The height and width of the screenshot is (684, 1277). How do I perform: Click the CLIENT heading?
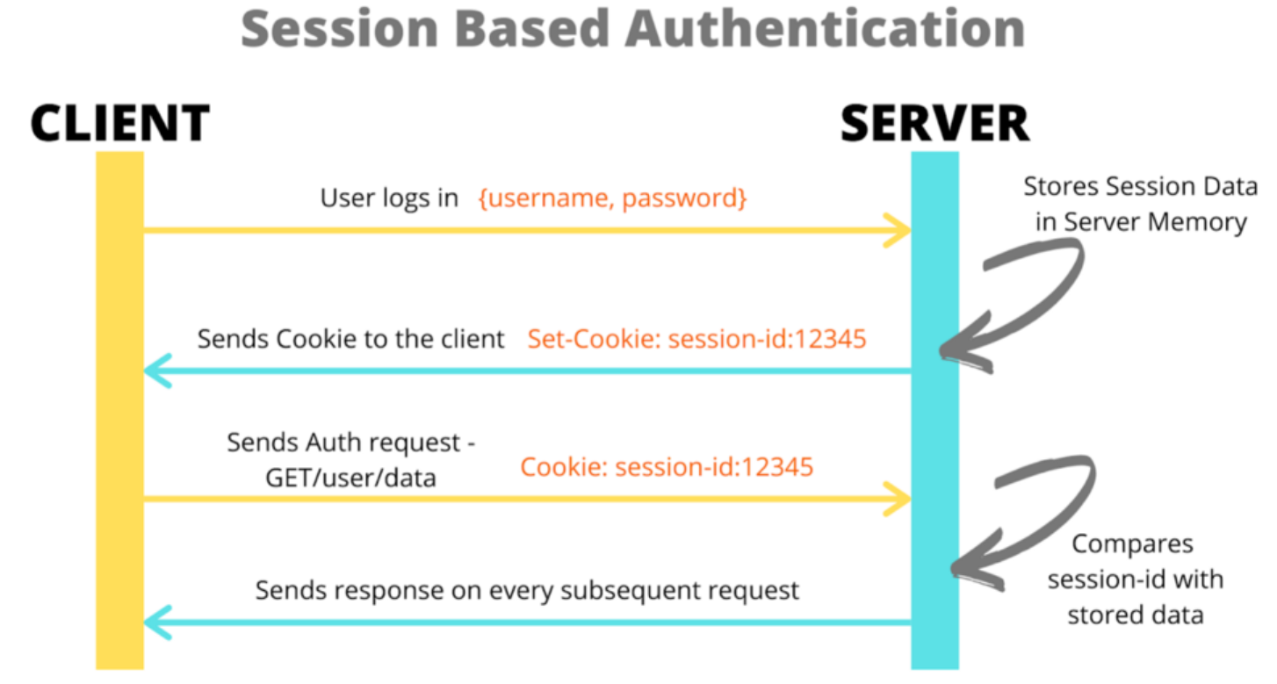coord(120,123)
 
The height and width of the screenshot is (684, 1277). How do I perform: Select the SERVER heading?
coord(934,123)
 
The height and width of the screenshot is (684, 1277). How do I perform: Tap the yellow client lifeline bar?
coord(119,413)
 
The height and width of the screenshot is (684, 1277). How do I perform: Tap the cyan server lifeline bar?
coord(934,413)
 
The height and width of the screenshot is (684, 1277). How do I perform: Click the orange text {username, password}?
coord(612,198)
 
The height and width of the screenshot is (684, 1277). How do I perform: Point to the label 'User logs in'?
coord(389,198)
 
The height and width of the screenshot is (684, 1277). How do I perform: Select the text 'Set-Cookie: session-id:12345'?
coord(697,339)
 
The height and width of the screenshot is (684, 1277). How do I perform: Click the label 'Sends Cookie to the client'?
coord(350,339)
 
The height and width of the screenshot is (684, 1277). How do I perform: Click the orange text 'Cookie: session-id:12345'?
coord(667,466)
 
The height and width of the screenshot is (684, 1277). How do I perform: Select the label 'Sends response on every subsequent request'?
coord(527,590)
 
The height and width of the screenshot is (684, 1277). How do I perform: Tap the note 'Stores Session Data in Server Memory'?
coord(1140,205)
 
